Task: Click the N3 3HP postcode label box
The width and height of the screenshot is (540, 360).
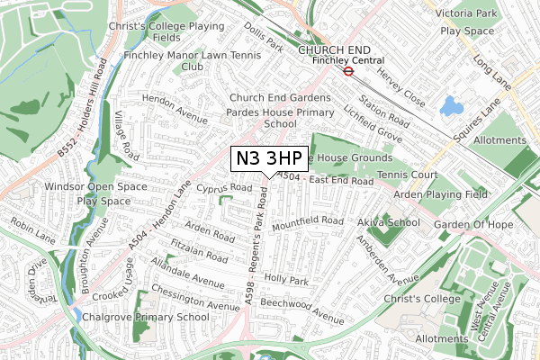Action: point(269,158)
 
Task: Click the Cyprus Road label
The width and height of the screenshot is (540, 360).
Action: point(224,188)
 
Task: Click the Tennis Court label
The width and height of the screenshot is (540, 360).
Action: point(407,174)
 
